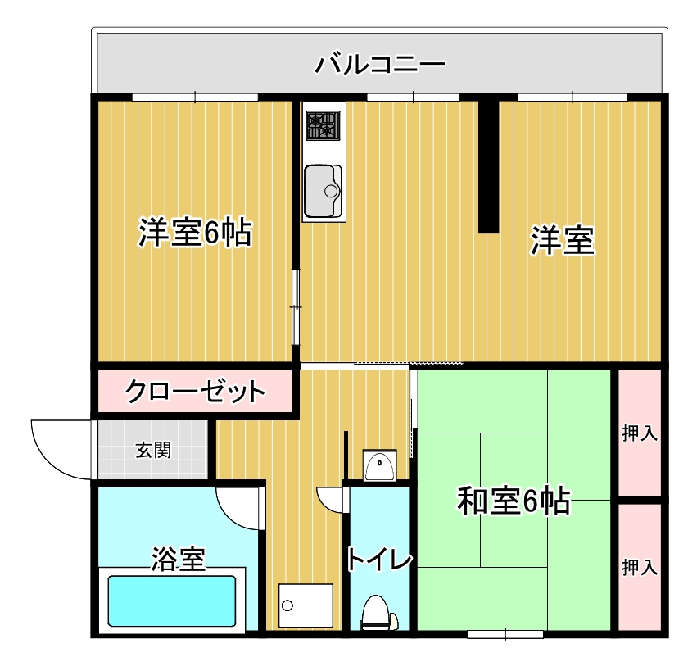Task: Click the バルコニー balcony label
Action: [x=380, y=63]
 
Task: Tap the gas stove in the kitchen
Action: [x=323, y=125]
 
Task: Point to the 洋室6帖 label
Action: [x=194, y=233]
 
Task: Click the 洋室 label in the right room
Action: [x=562, y=240]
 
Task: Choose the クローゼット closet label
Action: [x=195, y=392]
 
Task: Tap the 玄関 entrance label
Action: [x=153, y=450]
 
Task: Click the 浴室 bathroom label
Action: [x=178, y=560]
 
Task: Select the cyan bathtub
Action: [x=172, y=601]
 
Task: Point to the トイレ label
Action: [x=378, y=560]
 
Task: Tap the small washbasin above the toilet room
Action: [x=379, y=466]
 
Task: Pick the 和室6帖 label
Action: [x=514, y=501]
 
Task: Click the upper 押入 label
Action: [x=640, y=433]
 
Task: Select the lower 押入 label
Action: [x=640, y=567]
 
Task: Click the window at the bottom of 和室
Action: [x=505, y=633]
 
